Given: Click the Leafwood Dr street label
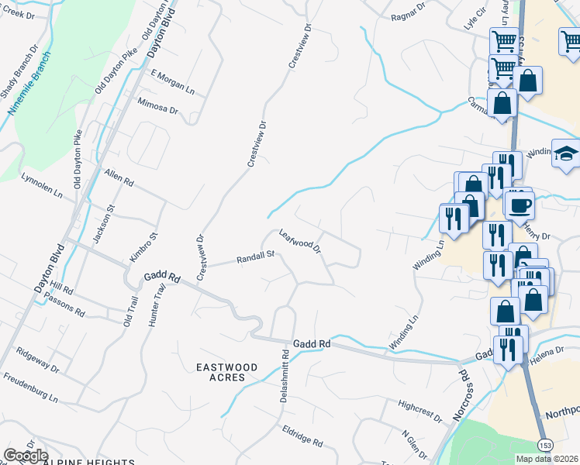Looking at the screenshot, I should (x=300, y=241).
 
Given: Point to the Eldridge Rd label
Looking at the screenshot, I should (x=302, y=436).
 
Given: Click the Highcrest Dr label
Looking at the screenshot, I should (x=419, y=411).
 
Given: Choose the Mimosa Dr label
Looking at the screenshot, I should (x=157, y=107).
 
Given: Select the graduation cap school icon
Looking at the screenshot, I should (x=566, y=153).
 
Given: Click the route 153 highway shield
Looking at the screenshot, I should (x=546, y=445).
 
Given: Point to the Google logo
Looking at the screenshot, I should (x=26, y=456).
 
